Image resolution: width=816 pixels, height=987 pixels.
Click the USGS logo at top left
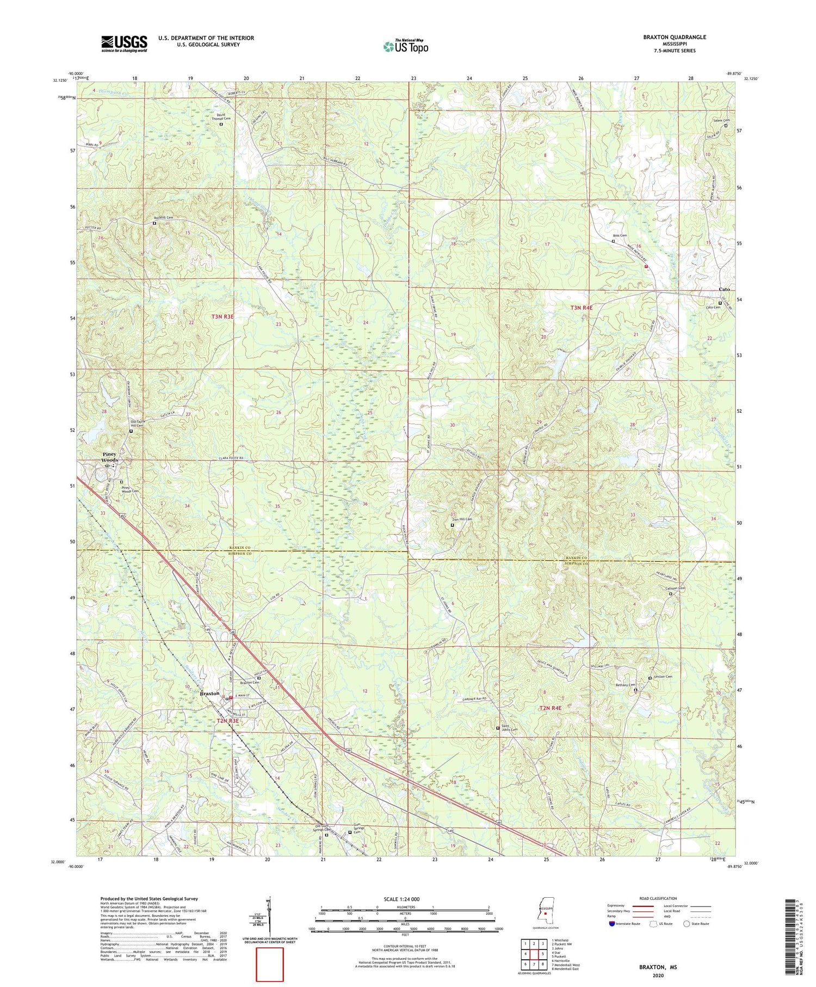pyautogui.click(x=124, y=44)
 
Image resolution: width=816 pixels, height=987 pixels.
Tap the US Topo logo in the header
pyautogui.click(x=405, y=46)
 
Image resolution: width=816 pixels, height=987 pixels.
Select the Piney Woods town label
pyautogui.click(x=109, y=457)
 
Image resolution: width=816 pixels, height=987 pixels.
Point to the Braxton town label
pyautogui.click(x=210, y=694)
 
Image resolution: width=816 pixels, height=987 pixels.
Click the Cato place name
pyautogui.click(x=724, y=289)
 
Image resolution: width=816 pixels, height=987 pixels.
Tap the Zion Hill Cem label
pyautogui.click(x=461, y=519)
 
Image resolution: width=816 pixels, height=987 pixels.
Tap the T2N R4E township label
pyautogui.click(x=550, y=708)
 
